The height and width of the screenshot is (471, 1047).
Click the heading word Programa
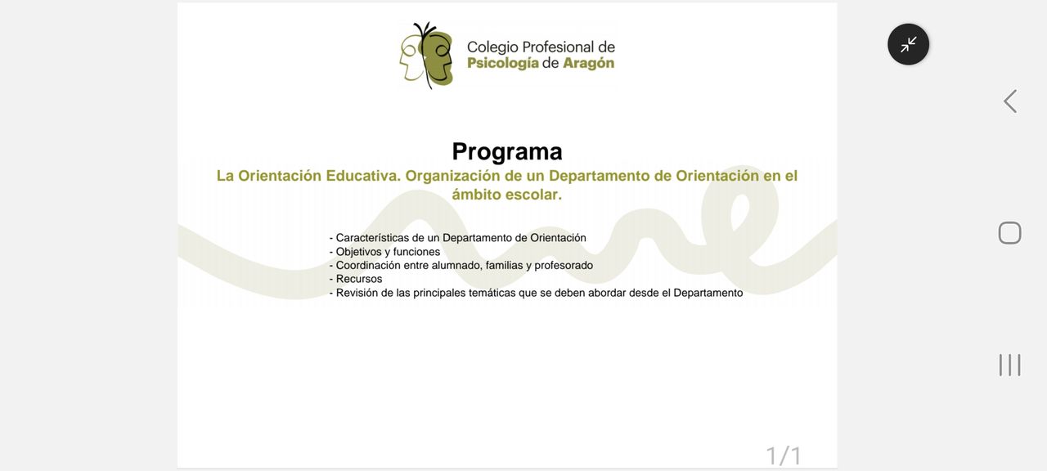pyautogui.click(x=507, y=152)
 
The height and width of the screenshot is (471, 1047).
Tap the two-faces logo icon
pyautogui.click(x=426, y=55)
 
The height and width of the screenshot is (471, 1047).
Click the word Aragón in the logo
pyautogui.click(x=588, y=64)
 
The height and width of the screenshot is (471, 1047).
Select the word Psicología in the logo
pyautogui.click(x=503, y=64)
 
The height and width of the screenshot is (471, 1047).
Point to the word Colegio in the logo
pyautogui.click(x=492, y=47)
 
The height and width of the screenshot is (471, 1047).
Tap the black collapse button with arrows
pyautogui.click(x=908, y=44)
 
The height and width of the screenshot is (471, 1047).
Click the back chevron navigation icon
pyautogui.click(x=1010, y=101)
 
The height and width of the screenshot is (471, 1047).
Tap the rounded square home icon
pyautogui.click(x=1009, y=233)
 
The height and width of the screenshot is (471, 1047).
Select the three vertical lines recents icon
pyautogui.click(x=1009, y=365)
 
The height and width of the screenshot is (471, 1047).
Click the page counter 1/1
pyautogui.click(x=784, y=455)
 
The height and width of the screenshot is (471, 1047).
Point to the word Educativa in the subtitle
pyautogui.click(x=363, y=176)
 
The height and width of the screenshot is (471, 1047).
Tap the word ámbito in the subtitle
pyautogui.click(x=476, y=195)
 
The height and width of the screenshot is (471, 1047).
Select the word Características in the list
pyautogui.click(x=372, y=238)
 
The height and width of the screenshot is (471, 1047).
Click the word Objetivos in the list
pyautogui.click(x=359, y=252)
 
